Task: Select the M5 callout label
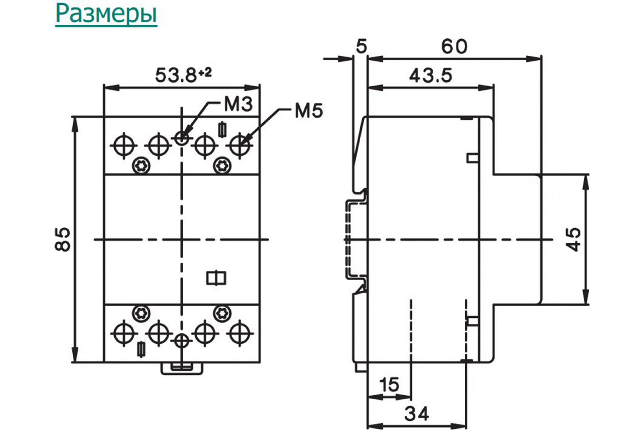(x=309, y=111)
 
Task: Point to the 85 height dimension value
(x=63, y=239)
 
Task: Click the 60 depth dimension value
(x=454, y=47)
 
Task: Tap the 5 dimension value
(x=361, y=47)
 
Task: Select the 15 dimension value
(x=390, y=385)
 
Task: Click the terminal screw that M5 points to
(x=240, y=145)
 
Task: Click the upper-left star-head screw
(x=141, y=166)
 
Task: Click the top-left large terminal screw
(x=124, y=145)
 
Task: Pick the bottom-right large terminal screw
(x=240, y=334)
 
